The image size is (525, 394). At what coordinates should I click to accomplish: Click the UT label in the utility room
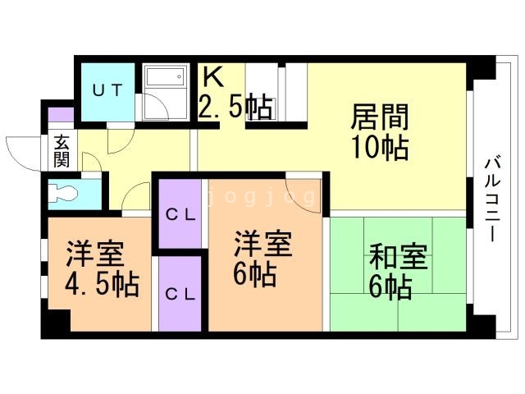coord(107,91)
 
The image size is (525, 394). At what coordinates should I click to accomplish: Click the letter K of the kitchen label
coord(212,77)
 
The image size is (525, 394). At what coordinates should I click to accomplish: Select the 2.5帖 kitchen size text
coord(235,108)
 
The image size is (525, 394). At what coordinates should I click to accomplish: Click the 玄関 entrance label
coord(62,150)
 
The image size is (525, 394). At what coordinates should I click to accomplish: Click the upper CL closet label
coord(180,215)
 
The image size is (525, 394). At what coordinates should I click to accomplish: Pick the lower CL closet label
coord(180,293)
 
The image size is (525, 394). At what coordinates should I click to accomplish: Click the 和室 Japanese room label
coord(398,257)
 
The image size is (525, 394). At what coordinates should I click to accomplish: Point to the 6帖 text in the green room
coord(390,287)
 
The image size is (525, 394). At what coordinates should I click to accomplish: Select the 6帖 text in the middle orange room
coord(253,274)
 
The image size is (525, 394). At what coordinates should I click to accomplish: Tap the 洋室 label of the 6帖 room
coord(263,243)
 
